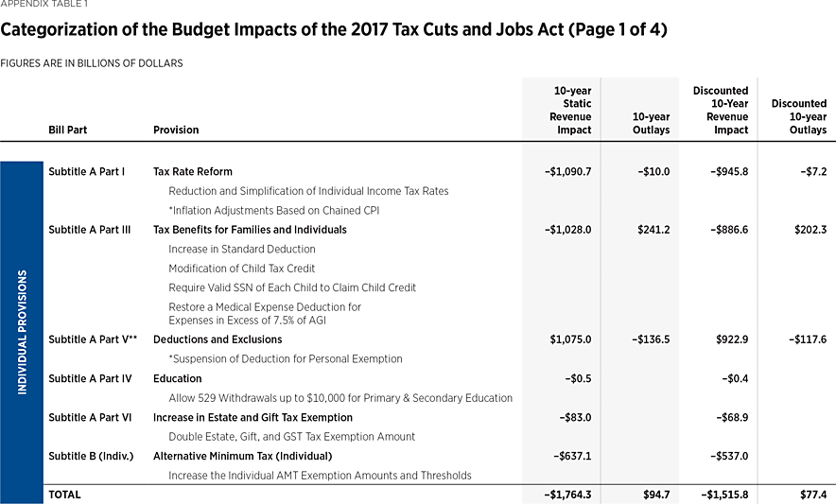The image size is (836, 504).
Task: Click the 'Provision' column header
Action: tap(176, 130)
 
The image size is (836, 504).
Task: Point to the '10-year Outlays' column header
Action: tap(650, 124)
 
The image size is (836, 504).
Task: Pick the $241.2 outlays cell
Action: tap(653, 230)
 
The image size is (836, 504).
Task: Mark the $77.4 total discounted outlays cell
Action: tap(810, 495)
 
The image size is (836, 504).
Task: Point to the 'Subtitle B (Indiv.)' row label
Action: tap(89, 456)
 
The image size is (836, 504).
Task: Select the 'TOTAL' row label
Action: tap(64, 495)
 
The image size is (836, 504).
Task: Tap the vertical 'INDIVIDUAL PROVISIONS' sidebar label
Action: tap(23, 332)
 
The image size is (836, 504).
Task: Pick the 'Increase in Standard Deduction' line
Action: tap(241, 249)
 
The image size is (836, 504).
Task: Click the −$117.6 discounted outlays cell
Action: tap(807, 339)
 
